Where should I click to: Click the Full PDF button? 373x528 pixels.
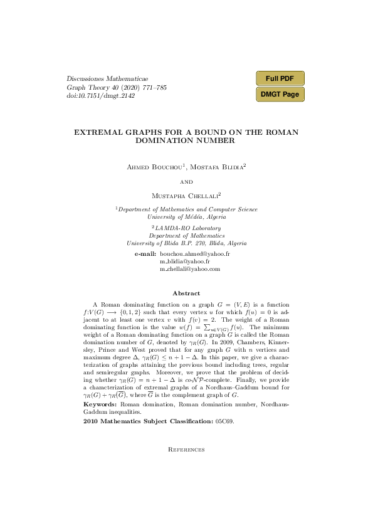[280, 78]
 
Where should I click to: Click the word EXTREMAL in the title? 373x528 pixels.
[97, 132]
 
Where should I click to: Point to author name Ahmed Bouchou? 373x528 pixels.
[149, 167]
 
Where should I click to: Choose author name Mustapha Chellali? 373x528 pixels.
[186, 195]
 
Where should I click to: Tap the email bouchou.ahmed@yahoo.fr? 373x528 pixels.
[195, 254]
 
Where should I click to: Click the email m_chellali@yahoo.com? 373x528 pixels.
[190, 268]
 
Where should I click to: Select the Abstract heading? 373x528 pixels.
[186, 293]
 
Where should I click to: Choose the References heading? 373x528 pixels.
[186, 449]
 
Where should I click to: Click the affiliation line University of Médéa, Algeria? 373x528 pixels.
[186, 216]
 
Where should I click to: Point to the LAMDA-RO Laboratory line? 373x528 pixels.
[186, 228]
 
